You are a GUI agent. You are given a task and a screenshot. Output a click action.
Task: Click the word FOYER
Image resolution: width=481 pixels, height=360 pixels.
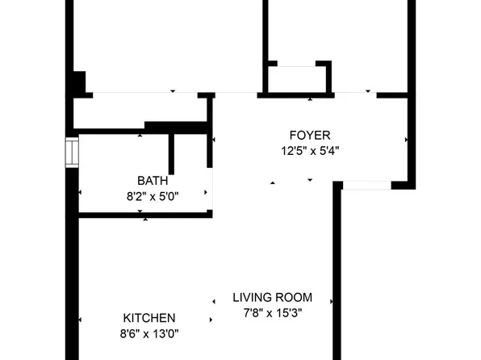(310, 135)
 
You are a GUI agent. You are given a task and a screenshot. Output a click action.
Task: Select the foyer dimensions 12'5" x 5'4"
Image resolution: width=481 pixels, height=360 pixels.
(310, 150)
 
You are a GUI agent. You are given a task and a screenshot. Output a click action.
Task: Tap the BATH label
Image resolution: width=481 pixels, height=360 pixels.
(153, 181)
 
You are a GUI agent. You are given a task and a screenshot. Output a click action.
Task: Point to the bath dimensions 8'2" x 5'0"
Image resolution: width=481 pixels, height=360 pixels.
(153, 195)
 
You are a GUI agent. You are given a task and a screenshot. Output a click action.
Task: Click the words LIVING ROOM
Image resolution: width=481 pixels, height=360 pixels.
(272, 297)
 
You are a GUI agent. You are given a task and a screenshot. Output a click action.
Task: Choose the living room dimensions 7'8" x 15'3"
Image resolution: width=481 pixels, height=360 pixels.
(272, 312)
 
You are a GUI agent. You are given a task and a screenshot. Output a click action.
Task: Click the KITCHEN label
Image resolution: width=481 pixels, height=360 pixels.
(148, 318)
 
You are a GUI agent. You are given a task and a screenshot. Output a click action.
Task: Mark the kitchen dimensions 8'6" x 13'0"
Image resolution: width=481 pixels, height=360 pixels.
(148, 333)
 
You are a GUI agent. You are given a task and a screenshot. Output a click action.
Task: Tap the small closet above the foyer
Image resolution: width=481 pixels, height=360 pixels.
(297, 79)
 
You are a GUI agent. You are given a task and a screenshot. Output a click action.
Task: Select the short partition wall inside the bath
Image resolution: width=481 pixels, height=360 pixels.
(172, 153)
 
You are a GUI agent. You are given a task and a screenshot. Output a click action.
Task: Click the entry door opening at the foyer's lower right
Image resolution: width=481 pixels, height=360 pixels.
(366, 186)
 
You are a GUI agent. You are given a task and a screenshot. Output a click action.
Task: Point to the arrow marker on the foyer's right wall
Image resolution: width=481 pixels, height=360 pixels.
(406, 140)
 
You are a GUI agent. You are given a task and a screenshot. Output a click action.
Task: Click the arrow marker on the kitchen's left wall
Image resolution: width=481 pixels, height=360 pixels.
(79, 320)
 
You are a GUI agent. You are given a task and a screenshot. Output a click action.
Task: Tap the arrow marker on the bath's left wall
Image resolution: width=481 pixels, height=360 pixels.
(79, 193)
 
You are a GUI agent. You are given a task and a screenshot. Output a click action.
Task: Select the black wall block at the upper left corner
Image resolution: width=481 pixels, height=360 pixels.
(77, 83)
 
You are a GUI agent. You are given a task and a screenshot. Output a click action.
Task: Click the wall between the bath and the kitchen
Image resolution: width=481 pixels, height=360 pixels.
(145, 215)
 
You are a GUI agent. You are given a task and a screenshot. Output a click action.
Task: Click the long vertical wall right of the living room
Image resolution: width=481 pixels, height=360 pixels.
(337, 274)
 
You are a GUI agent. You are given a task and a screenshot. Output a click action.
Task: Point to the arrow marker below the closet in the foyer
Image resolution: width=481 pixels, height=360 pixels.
(310, 99)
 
